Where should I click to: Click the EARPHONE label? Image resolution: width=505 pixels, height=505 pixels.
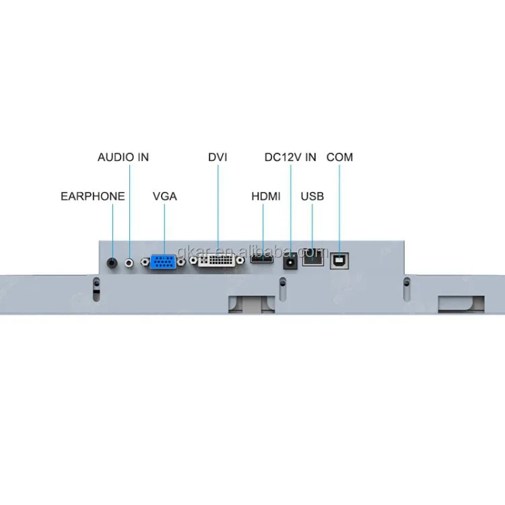[92, 197]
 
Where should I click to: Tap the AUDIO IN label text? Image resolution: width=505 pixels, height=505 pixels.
[123, 157]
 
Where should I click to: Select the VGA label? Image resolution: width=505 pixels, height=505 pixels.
[164, 197]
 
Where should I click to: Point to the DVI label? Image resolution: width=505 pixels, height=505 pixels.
[217, 157]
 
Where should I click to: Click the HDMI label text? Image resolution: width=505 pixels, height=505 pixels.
[265, 197]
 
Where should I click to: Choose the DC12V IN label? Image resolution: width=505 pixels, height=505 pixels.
[290, 157]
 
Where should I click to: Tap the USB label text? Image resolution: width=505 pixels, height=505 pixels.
[312, 197]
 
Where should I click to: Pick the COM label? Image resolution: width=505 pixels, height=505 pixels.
[339, 157]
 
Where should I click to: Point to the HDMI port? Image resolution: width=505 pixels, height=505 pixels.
[262, 259]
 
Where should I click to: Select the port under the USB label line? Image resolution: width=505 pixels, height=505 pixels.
[312, 258]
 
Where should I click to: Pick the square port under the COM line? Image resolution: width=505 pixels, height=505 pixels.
[339, 259]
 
